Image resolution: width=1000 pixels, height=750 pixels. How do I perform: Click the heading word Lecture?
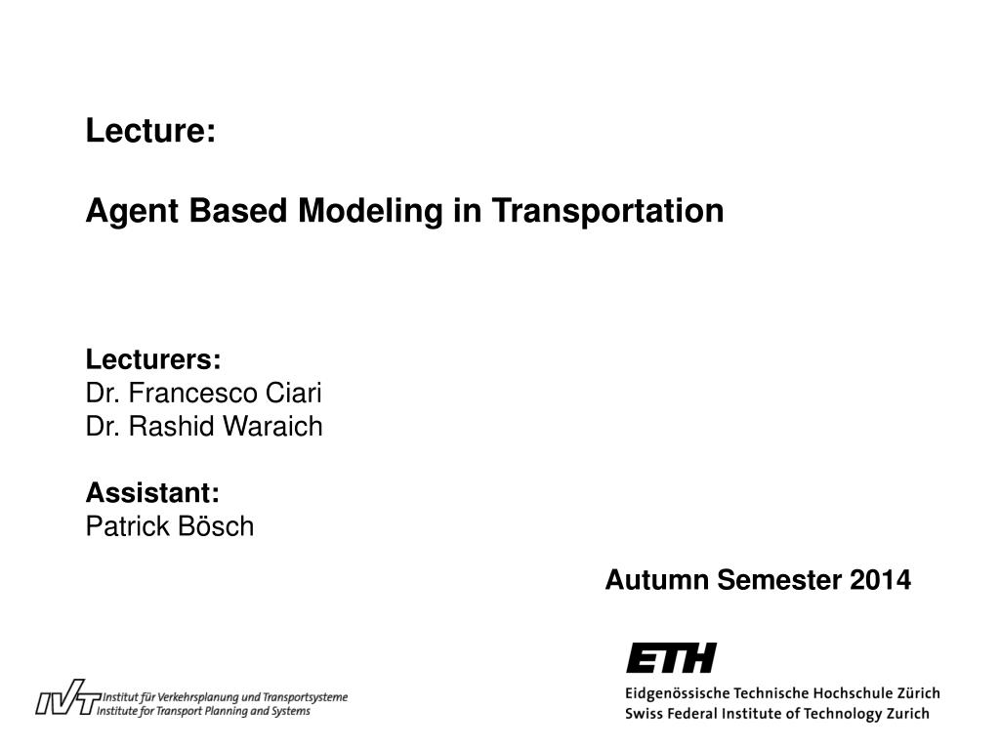coord(150,131)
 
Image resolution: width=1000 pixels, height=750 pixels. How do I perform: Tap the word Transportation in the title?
coord(606,211)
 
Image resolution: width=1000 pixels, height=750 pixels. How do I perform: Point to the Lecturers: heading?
coord(153,360)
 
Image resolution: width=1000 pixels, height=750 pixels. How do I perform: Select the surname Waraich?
coord(278,427)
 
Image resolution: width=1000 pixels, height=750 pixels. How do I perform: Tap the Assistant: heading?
coord(152,493)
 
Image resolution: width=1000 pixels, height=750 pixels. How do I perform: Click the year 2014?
coord(880,581)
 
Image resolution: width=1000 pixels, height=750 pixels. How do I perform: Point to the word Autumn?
coord(657,581)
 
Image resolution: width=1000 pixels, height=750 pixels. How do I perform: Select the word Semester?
coord(779,581)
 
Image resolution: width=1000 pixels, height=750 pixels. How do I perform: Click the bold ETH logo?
coord(671,658)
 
